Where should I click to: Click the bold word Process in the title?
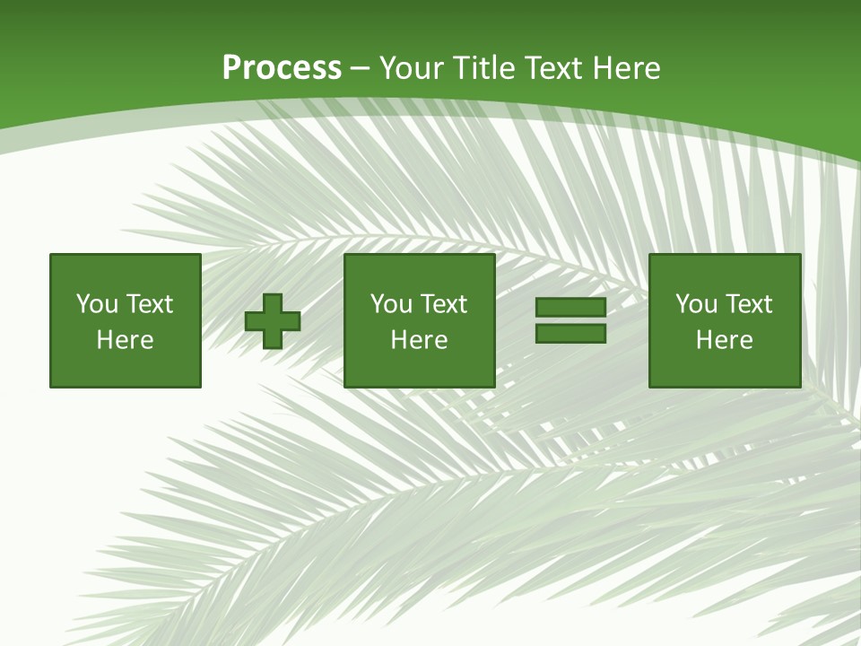click(x=282, y=68)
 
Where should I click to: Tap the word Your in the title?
click(x=413, y=68)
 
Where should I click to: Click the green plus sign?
click(x=273, y=320)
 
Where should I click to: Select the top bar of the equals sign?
click(x=570, y=308)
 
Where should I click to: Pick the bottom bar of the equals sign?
click(x=570, y=333)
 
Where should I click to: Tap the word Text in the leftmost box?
click(x=149, y=304)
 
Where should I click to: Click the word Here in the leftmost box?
click(x=125, y=340)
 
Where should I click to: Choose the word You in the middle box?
click(x=392, y=304)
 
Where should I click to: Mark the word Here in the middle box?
click(x=419, y=340)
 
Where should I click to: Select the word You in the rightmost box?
click(x=697, y=304)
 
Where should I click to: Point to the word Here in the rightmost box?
click(x=724, y=340)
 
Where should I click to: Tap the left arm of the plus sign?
click(x=254, y=320)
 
